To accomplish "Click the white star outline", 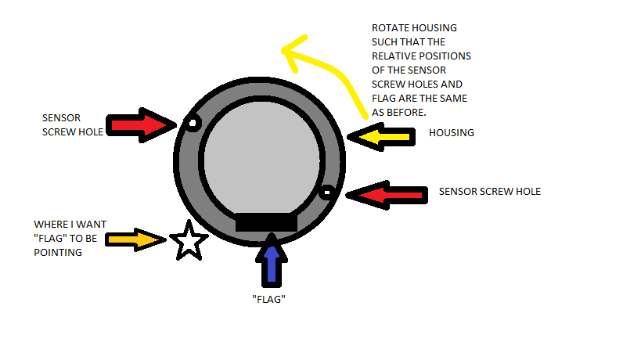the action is click(189, 241).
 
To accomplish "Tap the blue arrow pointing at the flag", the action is click(272, 260).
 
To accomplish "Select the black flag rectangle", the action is click(266, 222).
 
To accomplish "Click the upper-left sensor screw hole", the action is click(193, 123).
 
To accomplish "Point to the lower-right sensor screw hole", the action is click(327, 192).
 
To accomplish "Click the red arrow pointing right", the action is click(141, 125).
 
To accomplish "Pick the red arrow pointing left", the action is click(387, 195).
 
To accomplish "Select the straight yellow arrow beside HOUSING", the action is click(381, 137).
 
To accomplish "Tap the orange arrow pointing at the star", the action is click(135, 239).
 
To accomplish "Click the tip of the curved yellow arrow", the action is click(282, 51).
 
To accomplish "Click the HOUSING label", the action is click(452, 133).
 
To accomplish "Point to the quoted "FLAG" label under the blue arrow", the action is click(268, 300).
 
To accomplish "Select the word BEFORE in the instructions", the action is click(408, 113).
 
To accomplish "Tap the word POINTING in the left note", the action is click(58, 253).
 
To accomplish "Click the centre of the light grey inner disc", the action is click(261, 160).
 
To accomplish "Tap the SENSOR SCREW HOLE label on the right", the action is click(490, 192).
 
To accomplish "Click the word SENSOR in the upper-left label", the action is click(61, 118).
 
